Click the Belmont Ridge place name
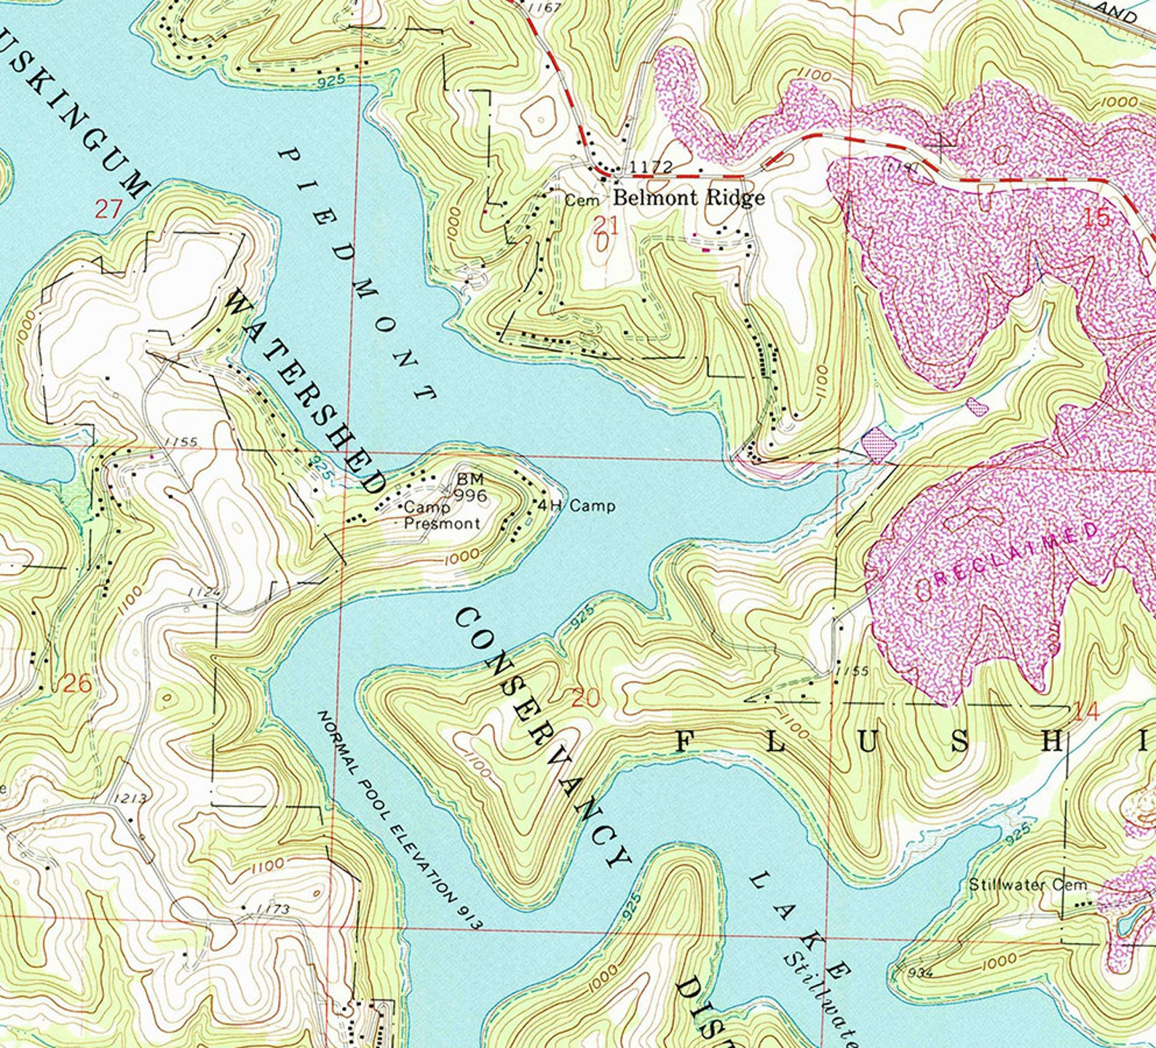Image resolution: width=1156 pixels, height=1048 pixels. [x=689, y=197]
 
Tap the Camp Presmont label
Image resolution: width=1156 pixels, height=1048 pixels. [x=442, y=516]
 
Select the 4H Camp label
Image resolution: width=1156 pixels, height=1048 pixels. [x=577, y=505]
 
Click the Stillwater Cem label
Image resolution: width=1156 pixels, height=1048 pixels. [x=1027, y=885]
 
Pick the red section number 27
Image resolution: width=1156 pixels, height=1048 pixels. [x=107, y=210]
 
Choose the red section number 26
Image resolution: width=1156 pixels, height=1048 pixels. [x=77, y=684]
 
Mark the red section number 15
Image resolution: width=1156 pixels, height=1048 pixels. [x=1097, y=217]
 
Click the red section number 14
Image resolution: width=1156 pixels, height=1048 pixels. [x=1086, y=712]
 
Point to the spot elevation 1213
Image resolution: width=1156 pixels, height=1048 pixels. [x=131, y=798]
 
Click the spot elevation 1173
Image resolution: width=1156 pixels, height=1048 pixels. [x=273, y=909]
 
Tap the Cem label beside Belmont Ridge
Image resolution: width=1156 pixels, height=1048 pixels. [x=582, y=200]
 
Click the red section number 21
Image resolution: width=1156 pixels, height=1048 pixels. [x=605, y=225]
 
